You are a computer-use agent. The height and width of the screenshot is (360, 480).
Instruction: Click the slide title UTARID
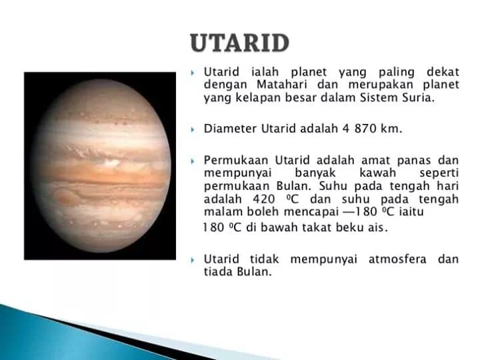click(x=240, y=43)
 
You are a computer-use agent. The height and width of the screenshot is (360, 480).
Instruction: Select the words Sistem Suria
click(x=397, y=97)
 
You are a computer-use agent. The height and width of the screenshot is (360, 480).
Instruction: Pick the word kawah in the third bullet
click(x=377, y=173)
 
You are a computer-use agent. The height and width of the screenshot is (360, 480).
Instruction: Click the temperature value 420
click(x=263, y=199)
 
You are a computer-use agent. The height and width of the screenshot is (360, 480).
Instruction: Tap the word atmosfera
click(x=397, y=259)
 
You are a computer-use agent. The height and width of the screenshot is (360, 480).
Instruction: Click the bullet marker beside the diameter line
click(x=193, y=129)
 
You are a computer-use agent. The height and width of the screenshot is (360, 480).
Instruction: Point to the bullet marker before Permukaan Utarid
click(x=193, y=161)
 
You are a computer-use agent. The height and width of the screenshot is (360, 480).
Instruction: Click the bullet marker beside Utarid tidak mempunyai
click(x=193, y=260)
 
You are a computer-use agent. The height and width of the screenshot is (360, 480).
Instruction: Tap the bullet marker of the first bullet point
click(x=193, y=73)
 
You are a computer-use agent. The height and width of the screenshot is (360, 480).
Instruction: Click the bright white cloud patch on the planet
click(x=111, y=162)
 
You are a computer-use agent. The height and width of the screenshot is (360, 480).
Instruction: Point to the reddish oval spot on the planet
click(x=66, y=197)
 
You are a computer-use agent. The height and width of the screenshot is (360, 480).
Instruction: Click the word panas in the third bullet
click(x=414, y=161)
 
